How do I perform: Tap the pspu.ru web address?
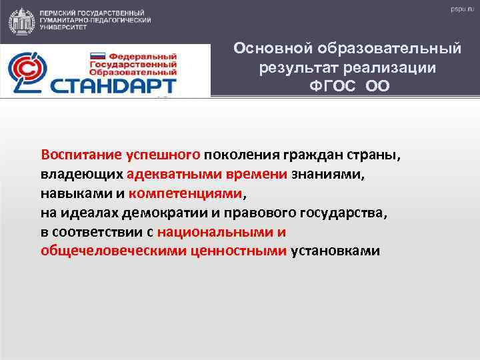(457, 9)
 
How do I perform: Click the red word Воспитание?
(81, 155)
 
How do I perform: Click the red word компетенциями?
(187, 194)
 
